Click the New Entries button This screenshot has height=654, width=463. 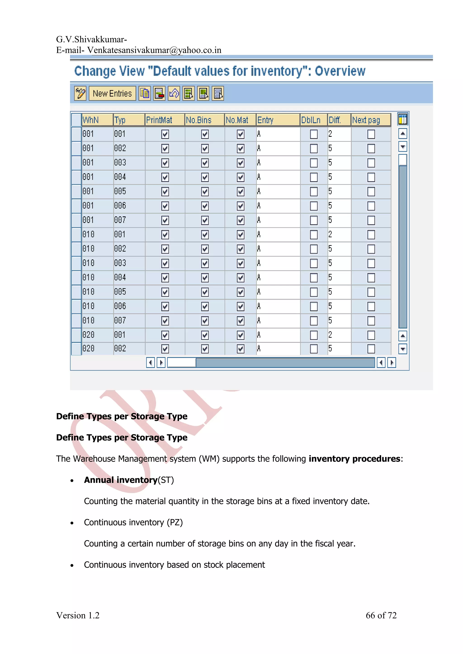(112, 93)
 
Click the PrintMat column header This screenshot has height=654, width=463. (159, 120)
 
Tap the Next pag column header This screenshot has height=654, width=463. (366, 120)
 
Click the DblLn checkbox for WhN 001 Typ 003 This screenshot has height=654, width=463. (314, 163)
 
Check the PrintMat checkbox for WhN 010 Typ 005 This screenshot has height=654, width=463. (165, 292)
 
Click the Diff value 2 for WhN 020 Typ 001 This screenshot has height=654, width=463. (330, 335)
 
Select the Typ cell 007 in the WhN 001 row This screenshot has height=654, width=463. (120, 220)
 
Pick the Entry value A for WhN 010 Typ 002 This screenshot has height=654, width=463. (259, 249)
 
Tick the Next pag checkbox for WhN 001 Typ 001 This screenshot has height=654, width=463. (371, 134)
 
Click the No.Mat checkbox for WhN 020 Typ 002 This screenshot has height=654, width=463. (241, 349)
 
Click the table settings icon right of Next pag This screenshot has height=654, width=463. (402, 119)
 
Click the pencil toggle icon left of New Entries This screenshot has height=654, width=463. (80, 93)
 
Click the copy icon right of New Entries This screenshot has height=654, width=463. (145, 93)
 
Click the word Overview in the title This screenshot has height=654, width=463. (340, 71)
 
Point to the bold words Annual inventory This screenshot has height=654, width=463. (121, 480)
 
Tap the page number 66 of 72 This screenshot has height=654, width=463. (381, 615)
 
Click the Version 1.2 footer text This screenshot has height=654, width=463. (78, 615)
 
